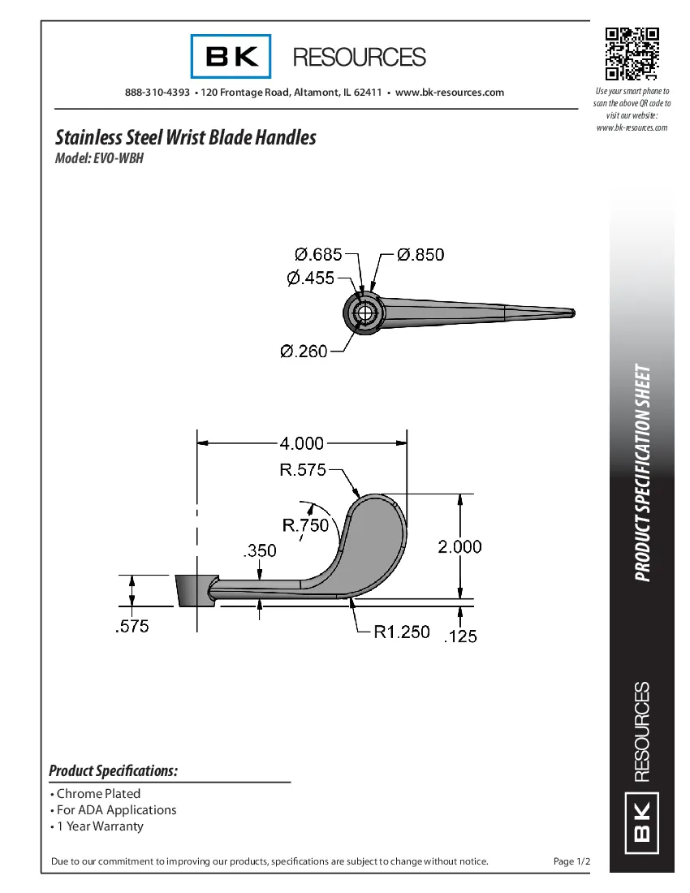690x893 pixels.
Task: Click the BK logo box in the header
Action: pos(231,57)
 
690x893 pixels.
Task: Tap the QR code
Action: pos(632,54)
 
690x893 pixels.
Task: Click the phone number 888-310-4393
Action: pos(157,93)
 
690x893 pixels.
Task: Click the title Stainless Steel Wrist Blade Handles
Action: pos(185,137)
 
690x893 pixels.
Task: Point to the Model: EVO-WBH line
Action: pos(99,158)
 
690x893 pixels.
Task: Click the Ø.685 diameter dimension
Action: pos(318,254)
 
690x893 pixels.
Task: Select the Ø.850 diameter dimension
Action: pos(420,254)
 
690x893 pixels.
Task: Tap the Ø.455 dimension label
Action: pos(311,278)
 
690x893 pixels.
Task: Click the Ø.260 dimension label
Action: pos(304,352)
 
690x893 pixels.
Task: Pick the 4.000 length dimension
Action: pos(301,443)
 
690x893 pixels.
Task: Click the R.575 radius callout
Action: pos(303,469)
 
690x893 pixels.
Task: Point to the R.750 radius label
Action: pos(306,525)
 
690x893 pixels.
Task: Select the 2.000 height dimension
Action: pos(460,547)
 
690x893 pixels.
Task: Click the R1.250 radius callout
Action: pos(401,632)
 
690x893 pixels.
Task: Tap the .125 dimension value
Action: pos(460,637)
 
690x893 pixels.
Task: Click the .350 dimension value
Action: pos(260,551)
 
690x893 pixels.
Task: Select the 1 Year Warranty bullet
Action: pos(99,826)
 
